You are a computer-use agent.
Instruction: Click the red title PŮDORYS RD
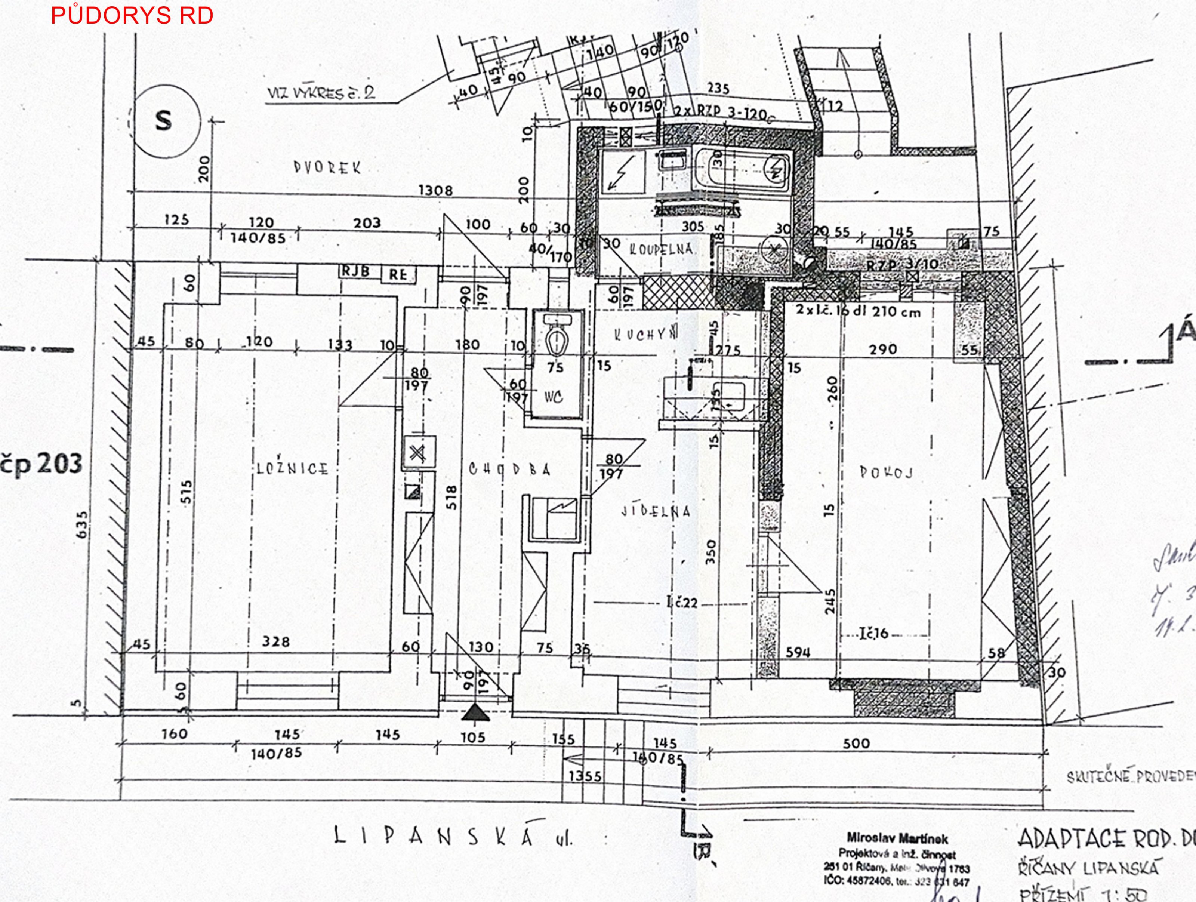(132, 16)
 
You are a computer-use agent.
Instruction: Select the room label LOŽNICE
(292, 468)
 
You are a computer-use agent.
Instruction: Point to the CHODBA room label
(509, 470)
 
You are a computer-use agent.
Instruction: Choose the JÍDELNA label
(656, 511)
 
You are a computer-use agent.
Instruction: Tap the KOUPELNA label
(661, 249)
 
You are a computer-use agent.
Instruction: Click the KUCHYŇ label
(645, 335)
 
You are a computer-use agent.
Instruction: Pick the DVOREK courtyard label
(327, 167)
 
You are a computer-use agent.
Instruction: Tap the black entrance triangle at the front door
(476, 713)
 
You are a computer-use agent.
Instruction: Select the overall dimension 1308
(435, 190)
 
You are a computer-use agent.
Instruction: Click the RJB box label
(355, 271)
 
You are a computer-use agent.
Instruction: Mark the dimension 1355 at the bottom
(585, 776)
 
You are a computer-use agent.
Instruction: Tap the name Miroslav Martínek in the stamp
(897, 839)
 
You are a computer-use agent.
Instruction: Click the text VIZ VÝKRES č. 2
(321, 93)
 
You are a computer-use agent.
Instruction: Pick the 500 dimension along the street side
(857, 743)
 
